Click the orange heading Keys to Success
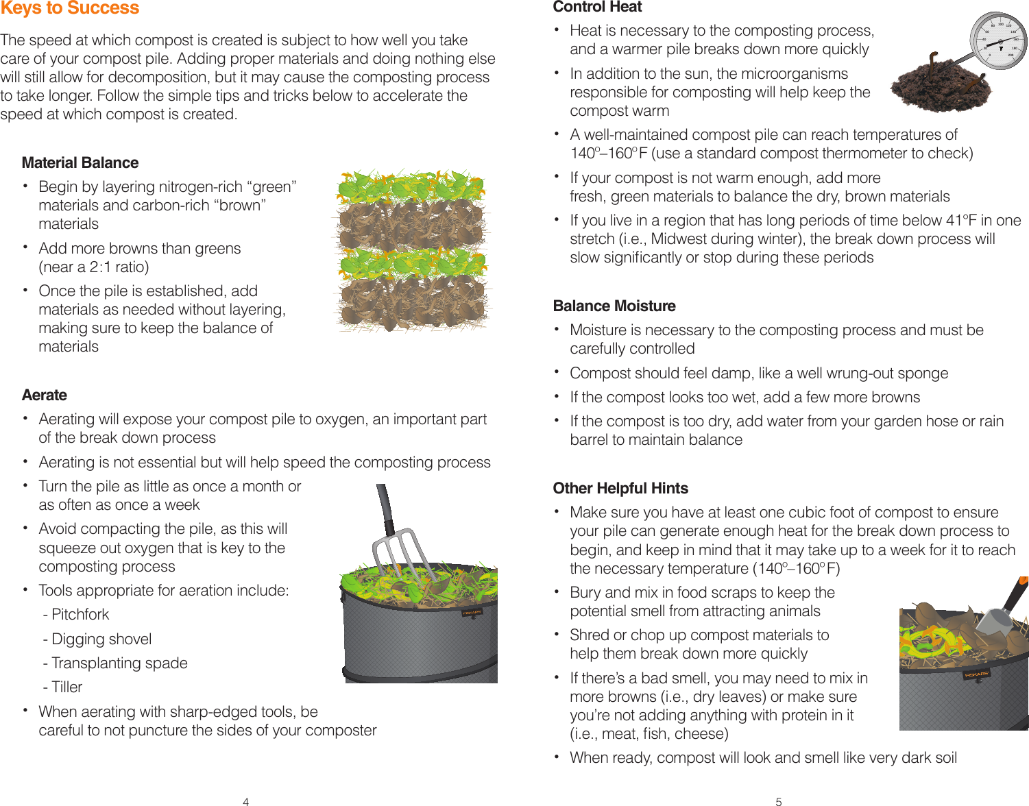click(70, 8)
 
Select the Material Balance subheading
click(80, 162)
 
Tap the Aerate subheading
click(45, 395)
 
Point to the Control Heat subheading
click(597, 8)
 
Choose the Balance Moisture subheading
click(614, 306)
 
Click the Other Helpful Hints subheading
click(620, 488)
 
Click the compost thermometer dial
click(999, 40)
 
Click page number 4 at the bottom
click(245, 801)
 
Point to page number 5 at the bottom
click(778, 801)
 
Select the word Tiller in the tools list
click(67, 687)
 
